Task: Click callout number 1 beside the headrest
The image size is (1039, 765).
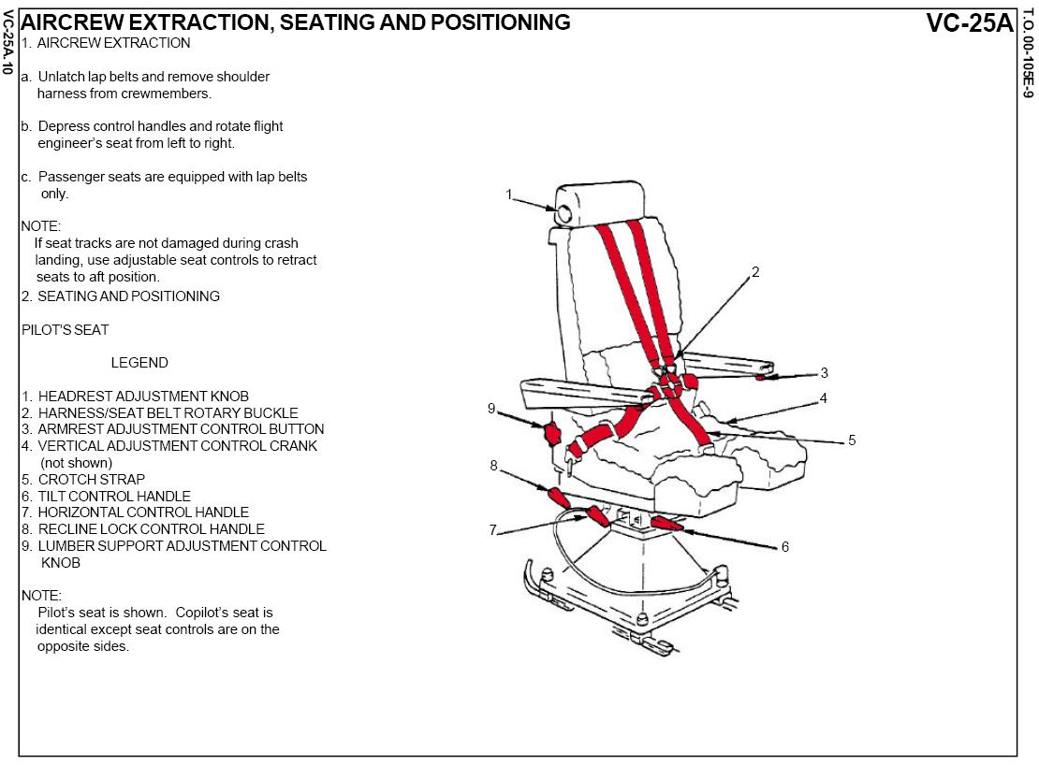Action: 509,195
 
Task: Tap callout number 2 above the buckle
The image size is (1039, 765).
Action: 755,272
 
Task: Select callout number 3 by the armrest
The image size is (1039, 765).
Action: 824,372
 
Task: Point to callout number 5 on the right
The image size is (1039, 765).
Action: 852,440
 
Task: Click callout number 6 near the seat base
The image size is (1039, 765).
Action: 785,547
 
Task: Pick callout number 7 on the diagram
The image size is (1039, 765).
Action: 492,530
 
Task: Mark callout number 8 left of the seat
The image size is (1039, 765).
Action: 493,465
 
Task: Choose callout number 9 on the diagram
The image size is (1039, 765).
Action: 491,408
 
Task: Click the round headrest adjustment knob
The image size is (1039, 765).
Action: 565,214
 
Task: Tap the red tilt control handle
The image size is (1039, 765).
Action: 666,523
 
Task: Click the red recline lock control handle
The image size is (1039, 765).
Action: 558,496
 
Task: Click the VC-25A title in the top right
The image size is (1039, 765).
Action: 970,22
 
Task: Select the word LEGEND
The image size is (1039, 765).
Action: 139,363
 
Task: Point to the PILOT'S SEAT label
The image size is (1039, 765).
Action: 65,330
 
